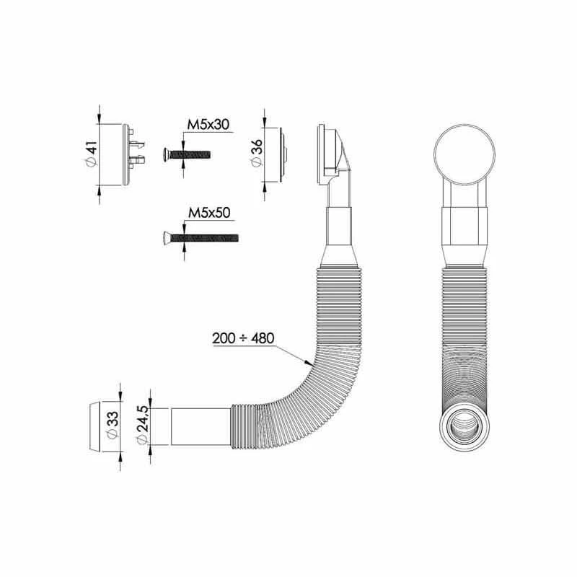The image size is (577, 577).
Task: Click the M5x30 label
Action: pyautogui.click(x=208, y=125)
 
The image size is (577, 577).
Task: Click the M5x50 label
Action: pyautogui.click(x=208, y=213)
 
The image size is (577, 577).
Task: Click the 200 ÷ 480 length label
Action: pyautogui.click(x=242, y=337)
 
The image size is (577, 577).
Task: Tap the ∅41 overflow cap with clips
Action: pyautogui.click(x=117, y=154)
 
